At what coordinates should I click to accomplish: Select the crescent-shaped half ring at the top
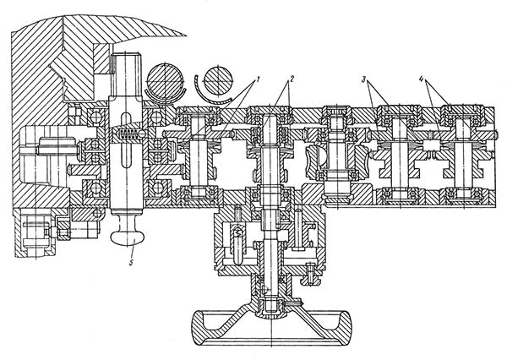(x=201, y=88)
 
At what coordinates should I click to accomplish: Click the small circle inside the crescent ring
(x=216, y=82)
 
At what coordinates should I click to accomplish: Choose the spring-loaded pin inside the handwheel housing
(x=241, y=240)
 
